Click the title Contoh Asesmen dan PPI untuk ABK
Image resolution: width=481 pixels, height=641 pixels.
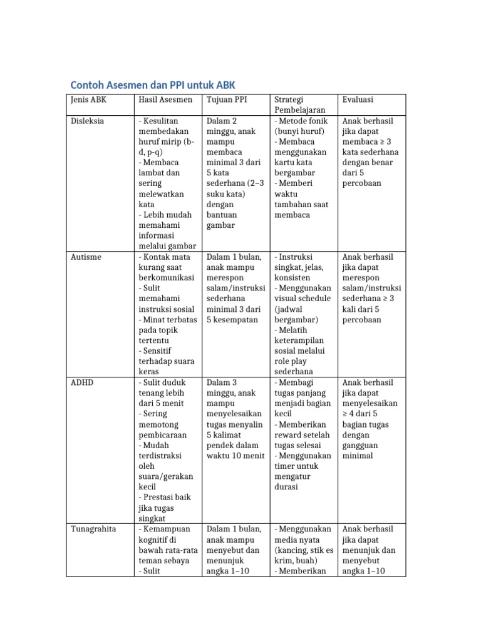tap(153, 85)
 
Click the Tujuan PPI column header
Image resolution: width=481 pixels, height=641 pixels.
tap(227, 100)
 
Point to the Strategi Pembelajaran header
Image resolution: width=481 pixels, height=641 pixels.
tap(300, 105)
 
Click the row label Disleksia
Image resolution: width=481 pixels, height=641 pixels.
tap(88, 121)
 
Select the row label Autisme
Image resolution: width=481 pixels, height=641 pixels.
tap(86, 257)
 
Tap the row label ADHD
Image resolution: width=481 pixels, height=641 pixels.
tap(82, 382)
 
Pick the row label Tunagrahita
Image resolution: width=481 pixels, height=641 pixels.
tap(93, 529)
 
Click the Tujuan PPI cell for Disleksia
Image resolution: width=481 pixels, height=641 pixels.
tap(235, 173)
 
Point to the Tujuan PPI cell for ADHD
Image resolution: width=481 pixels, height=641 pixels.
tap(235, 419)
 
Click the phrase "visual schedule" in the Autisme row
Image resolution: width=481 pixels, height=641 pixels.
tap(303, 299)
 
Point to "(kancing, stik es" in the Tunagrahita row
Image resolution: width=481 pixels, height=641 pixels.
tap(304, 550)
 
